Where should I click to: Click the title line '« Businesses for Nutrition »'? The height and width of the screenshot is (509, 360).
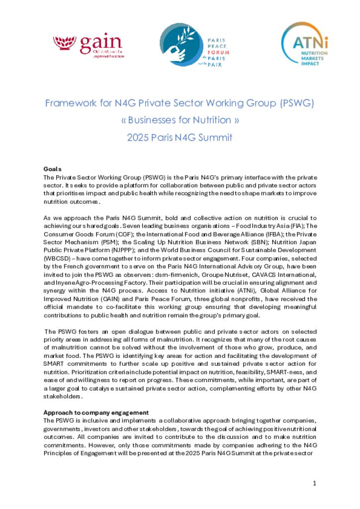click(180, 120)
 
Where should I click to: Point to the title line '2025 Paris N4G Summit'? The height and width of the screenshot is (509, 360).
click(180, 136)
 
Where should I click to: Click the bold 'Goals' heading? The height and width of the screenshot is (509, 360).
click(52, 170)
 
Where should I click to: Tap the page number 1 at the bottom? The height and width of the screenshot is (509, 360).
click(314, 483)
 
